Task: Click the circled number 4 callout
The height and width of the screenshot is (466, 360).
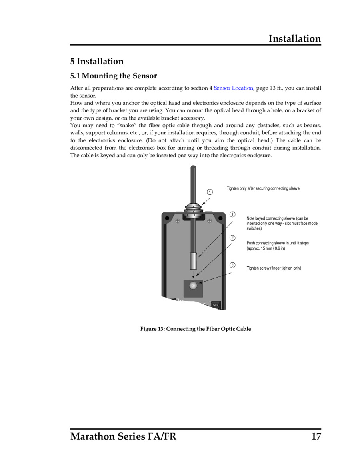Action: coord(210,192)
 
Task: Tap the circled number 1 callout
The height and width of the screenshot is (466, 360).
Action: coord(232,214)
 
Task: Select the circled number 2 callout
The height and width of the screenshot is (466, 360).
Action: coord(232,238)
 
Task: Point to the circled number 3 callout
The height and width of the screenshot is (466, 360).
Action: coord(232,265)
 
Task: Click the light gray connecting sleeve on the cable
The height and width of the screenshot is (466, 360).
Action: coord(194,262)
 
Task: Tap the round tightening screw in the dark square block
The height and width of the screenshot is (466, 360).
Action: coord(194,286)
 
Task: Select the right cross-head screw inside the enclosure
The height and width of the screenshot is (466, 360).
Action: coord(209,220)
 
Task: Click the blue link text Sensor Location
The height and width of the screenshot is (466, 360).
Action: coord(233,88)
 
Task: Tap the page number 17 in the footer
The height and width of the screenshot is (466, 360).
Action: coord(316,436)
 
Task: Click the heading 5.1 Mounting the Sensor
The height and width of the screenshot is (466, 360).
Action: coord(114,76)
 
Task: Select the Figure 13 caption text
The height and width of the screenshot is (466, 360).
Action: coord(196,329)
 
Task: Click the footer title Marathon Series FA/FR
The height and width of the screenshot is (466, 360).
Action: coord(123,436)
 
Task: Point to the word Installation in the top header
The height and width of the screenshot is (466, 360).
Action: coord(294,39)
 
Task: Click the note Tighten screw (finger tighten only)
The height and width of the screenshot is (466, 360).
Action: coord(274,268)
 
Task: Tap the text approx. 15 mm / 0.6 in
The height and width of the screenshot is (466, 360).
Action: coord(266,248)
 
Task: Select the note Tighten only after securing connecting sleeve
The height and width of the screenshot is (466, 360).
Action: coord(263,188)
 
